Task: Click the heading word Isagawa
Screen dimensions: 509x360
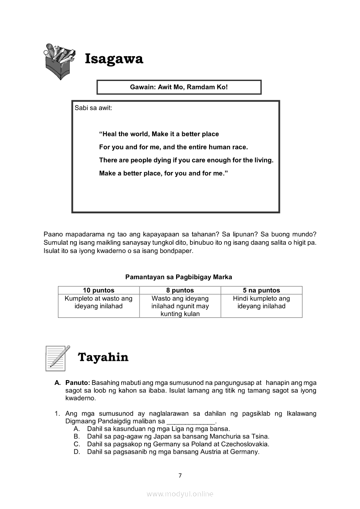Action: point(114,59)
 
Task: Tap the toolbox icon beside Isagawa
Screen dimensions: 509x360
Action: point(59,61)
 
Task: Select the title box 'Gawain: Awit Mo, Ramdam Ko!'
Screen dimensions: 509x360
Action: point(179,87)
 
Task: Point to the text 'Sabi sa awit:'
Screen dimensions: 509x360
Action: point(93,108)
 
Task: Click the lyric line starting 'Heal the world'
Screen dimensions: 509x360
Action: point(159,134)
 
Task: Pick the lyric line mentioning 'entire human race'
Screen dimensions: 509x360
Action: point(173,147)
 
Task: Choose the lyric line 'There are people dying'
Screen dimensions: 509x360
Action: point(186,160)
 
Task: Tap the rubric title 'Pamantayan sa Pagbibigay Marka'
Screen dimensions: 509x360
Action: point(179,277)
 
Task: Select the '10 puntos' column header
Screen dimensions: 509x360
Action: point(98,290)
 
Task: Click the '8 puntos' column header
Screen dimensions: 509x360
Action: point(180,290)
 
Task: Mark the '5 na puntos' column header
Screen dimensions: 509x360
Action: point(262,290)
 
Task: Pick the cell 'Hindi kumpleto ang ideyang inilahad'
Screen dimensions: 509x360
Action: point(262,302)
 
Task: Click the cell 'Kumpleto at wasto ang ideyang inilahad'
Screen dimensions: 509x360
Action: point(98,302)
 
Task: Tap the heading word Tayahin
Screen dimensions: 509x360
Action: point(103,357)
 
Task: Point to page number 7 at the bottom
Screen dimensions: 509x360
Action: point(180,475)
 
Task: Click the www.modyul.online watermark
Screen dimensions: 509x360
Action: point(180,494)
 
